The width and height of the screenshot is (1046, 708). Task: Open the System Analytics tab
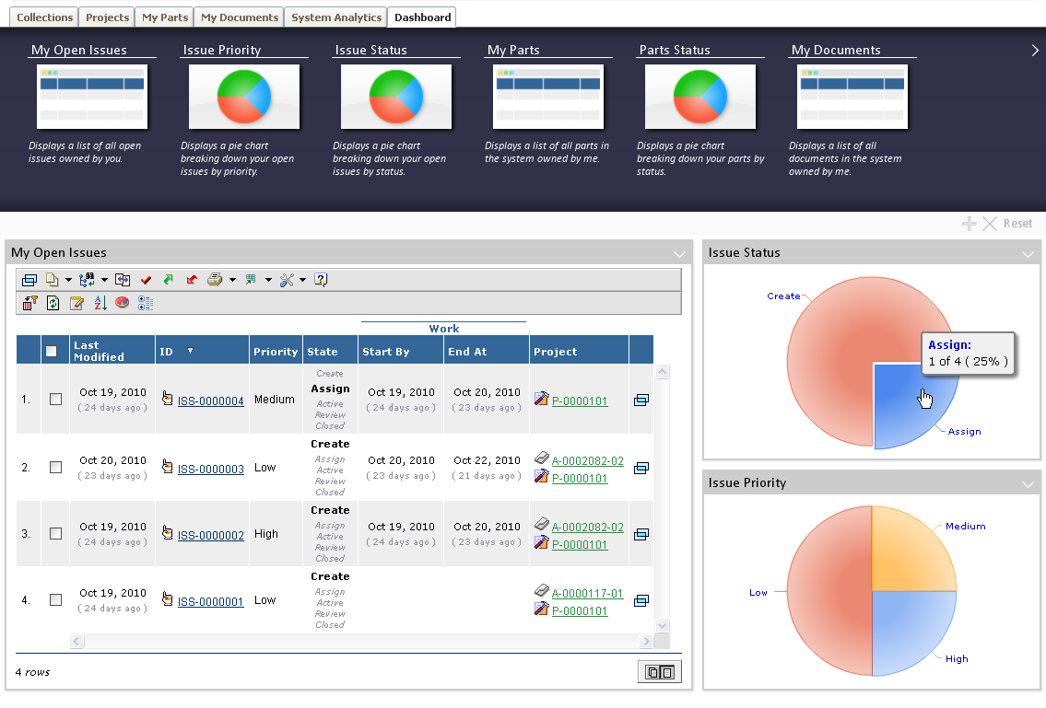tap(335, 17)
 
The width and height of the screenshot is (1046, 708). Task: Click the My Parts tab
tap(165, 17)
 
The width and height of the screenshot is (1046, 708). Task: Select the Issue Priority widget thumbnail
tap(244, 96)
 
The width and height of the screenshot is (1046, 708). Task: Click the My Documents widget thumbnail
tap(852, 96)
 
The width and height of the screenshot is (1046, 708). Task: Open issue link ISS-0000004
tap(210, 400)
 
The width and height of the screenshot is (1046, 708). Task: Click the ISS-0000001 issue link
tap(210, 602)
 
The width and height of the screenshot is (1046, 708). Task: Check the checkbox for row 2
tap(55, 468)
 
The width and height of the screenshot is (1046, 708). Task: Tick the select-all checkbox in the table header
tap(52, 351)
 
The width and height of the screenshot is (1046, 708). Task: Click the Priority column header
tap(276, 352)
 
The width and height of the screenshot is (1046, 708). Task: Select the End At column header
tap(467, 352)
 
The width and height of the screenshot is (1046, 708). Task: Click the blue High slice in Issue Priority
tap(912, 631)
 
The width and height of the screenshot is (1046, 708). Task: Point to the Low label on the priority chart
tap(758, 593)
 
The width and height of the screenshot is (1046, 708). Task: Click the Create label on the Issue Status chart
tap(783, 296)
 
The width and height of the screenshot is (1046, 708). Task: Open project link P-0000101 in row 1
tap(580, 401)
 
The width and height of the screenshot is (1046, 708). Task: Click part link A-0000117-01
tap(588, 595)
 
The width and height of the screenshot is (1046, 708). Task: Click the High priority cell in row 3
tap(266, 534)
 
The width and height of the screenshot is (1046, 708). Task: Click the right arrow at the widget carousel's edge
tap(1035, 51)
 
